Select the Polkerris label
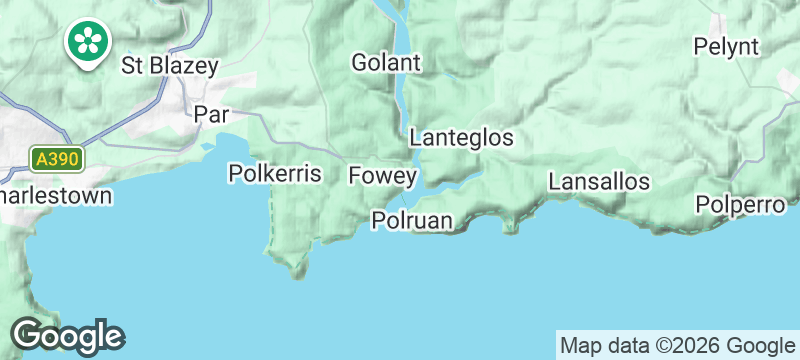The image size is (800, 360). click(275, 174)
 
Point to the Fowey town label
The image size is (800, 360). click(382, 176)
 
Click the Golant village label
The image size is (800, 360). click(386, 62)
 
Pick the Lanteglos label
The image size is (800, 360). click(461, 137)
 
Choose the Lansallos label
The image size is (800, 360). click(600, 182)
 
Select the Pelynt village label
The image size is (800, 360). click(727, 46)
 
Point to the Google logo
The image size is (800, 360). click(67, 336)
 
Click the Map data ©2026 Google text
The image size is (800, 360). click(676, 345)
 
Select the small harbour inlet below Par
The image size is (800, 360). click(208, 150)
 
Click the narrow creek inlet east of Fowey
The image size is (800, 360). click(460, 183)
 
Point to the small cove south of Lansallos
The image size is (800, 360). click(511, 227)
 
